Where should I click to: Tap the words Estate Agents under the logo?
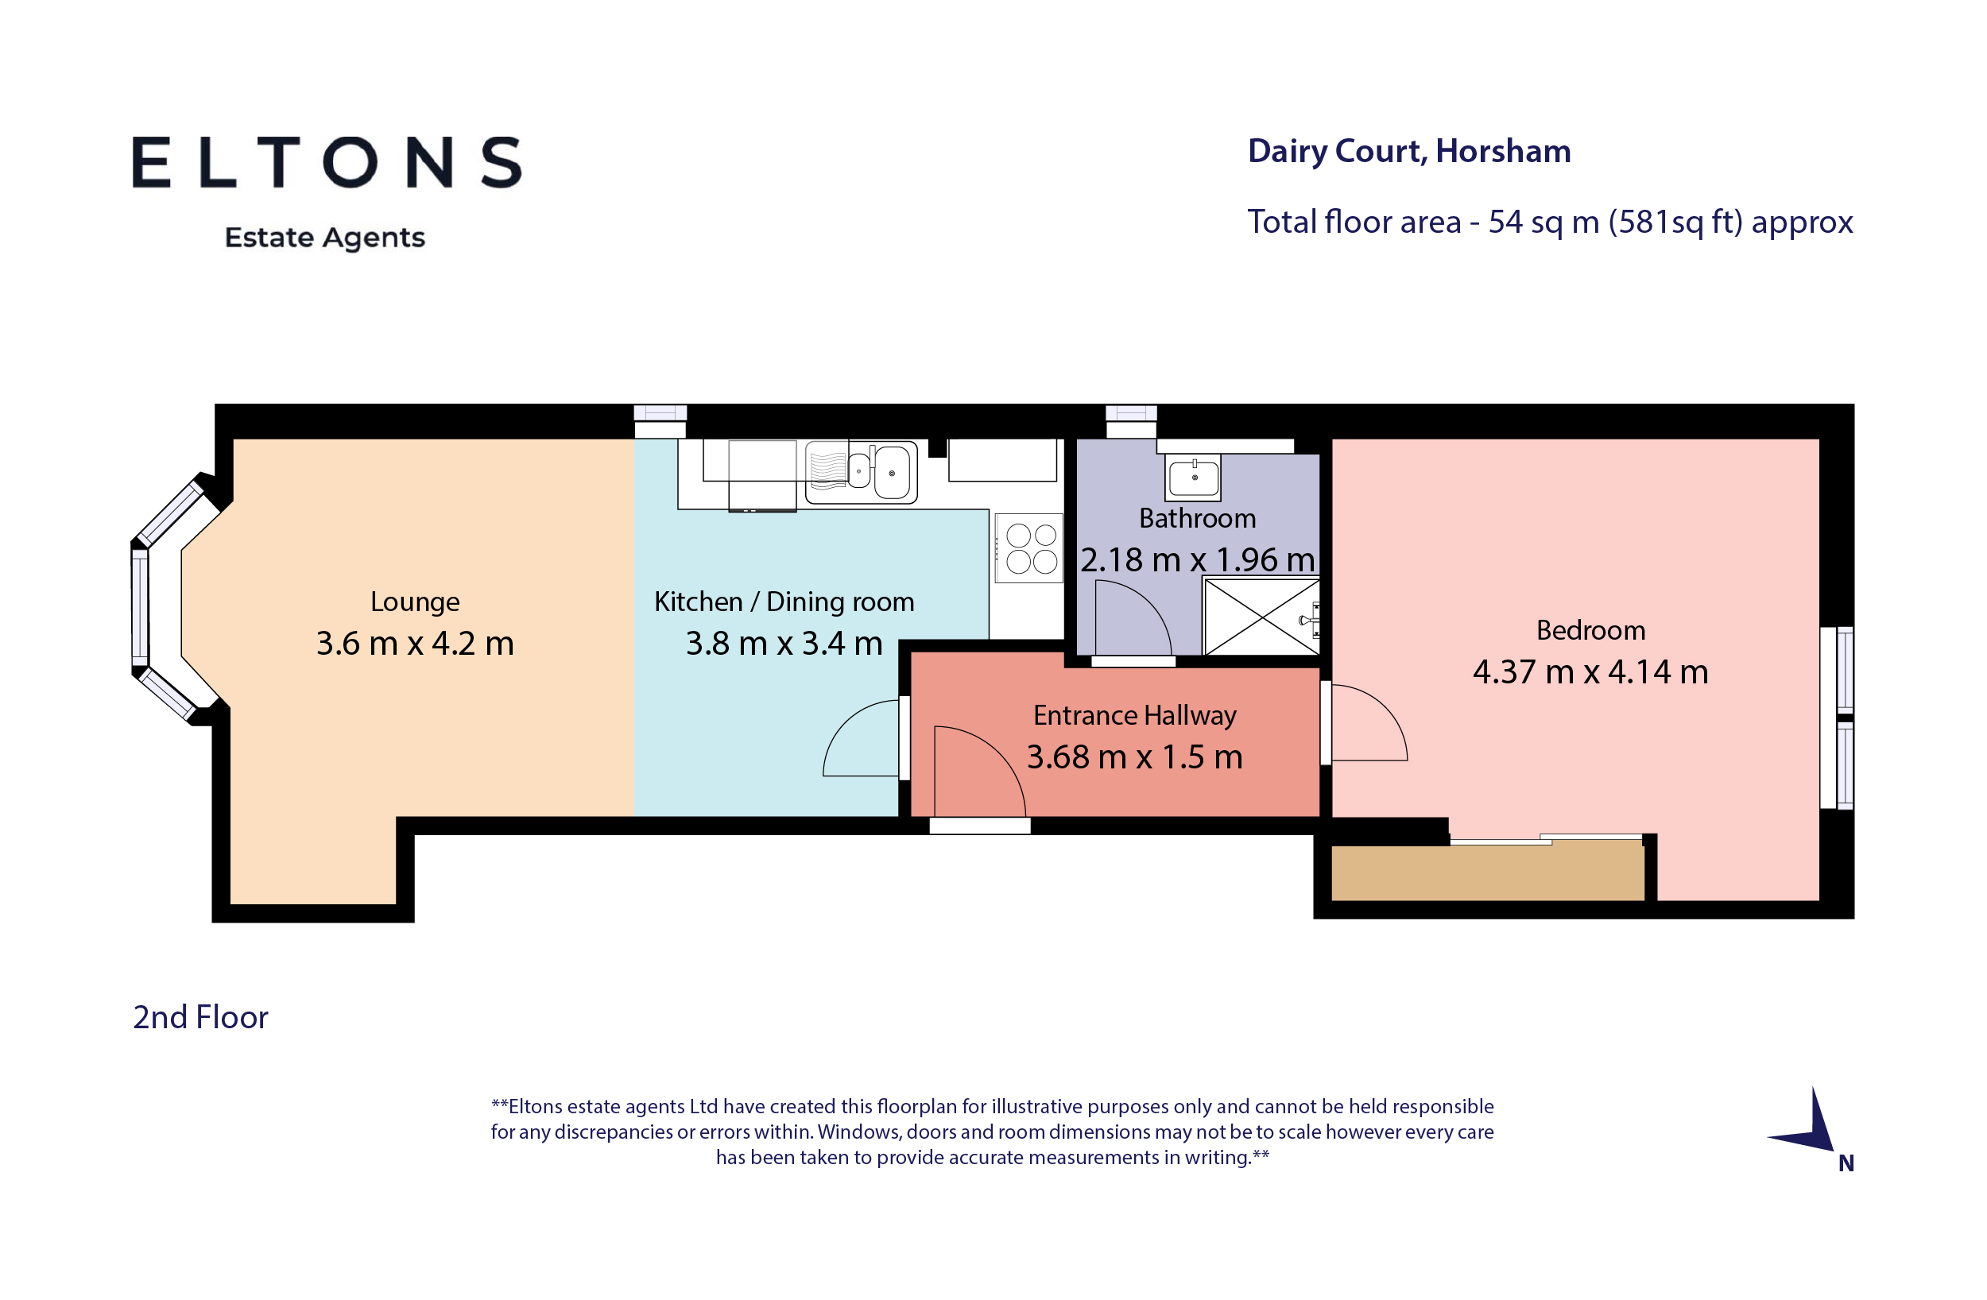(325, 238)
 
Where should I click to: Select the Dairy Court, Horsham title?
(1408, 151)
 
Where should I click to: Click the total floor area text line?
(1550, 222)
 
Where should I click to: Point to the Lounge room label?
(415, 602)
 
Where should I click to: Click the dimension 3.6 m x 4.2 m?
(415, 644)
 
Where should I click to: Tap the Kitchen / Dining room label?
(783, 602)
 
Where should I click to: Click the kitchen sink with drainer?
(861, 473)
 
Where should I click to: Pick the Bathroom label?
(1196, 519)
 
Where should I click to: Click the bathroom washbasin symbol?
(1194, 478)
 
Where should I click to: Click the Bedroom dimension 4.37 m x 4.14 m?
(1590, 672)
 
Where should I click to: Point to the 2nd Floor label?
(200, 1017)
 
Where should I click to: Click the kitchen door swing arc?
(862, 739)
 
